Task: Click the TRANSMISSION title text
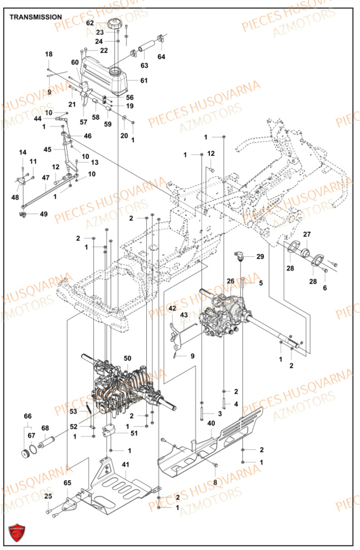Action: tap(36, 17)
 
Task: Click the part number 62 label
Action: tap(90, 23)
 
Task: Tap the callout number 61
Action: tap(144, 81)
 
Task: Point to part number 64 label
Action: tap(161, 57)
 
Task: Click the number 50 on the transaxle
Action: tap(128, 358)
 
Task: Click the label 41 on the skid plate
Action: tap(125, 465)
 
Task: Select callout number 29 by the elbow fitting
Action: tap(260, 257)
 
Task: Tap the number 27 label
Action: tap(307, 234)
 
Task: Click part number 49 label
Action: tap(43, 214)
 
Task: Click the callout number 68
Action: tap(45, 428)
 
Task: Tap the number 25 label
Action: tap(48, 497)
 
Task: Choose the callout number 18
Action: tap(49, 54)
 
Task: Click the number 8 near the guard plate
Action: tap(215, 482)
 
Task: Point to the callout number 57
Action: tap(84, 122)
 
